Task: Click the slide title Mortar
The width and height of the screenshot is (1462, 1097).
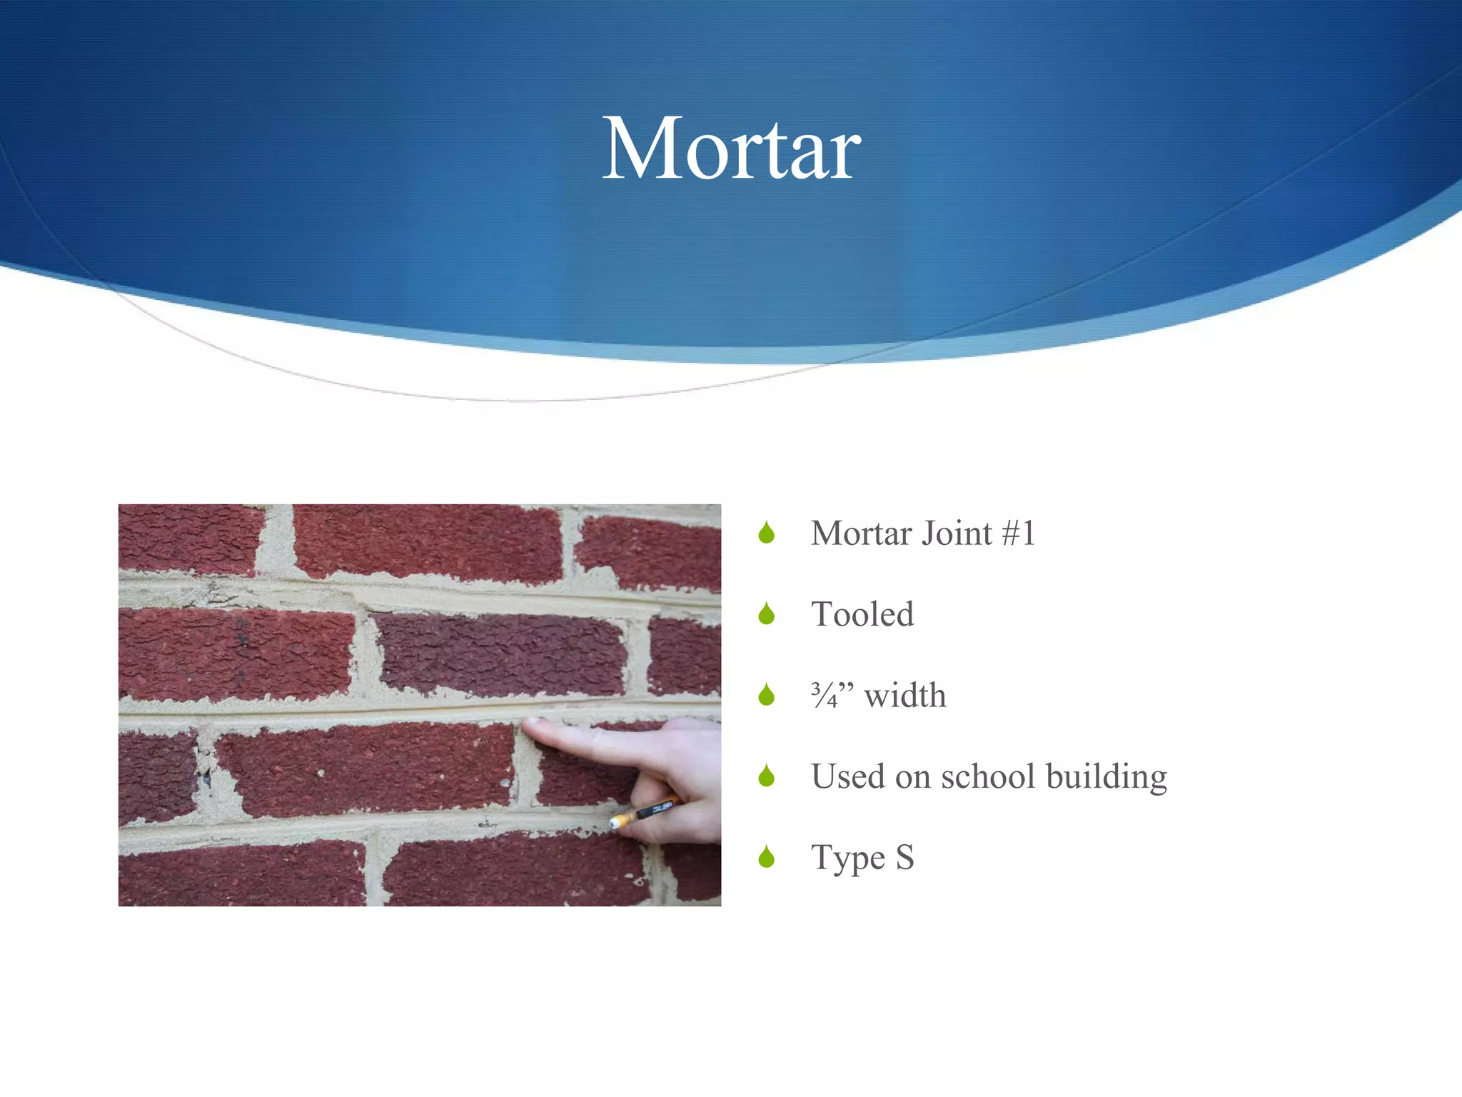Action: (x=732, y=150)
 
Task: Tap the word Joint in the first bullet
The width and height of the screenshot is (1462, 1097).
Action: (x=957, y=534)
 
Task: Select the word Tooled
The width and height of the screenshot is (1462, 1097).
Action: (x=862, y=614)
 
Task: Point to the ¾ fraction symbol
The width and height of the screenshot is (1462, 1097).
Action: (x=825, y=695)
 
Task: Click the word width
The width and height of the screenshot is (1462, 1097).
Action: (x=905, y=695)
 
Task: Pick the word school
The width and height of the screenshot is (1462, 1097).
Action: (x=987, y=776)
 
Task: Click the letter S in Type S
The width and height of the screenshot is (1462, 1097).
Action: (x=904, y=857)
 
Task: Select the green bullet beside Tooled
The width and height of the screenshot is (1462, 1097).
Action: (x=767, y=613)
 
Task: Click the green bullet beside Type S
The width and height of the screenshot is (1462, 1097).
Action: (x=767, y=856)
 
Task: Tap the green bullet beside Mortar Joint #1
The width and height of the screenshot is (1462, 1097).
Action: (x=767, y=533)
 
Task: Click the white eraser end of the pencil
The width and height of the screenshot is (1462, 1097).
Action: (x=615, y=823)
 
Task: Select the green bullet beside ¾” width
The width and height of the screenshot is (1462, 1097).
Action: (x=767, y=694)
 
